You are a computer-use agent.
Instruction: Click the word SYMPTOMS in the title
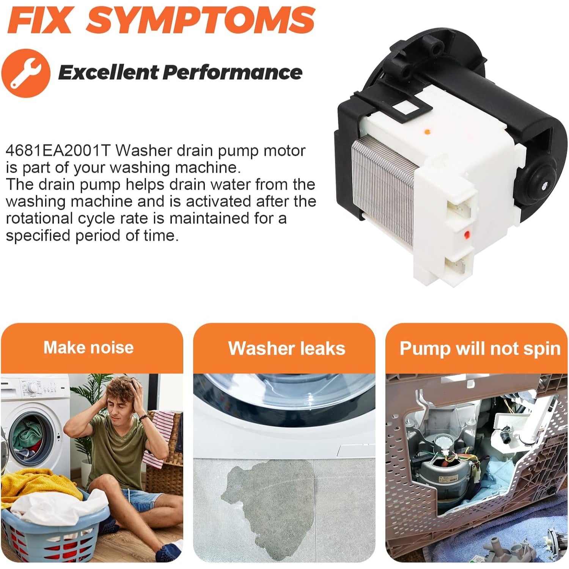[201, 20]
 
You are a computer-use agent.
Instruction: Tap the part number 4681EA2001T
[58, 151]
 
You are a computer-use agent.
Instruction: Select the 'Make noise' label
[88, 347]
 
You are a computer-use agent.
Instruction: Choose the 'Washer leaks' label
[287, 348]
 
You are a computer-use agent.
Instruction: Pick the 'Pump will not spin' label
[480, 349]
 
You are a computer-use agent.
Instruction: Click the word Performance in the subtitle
[232, 72]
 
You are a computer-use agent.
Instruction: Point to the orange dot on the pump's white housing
[427, 132]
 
